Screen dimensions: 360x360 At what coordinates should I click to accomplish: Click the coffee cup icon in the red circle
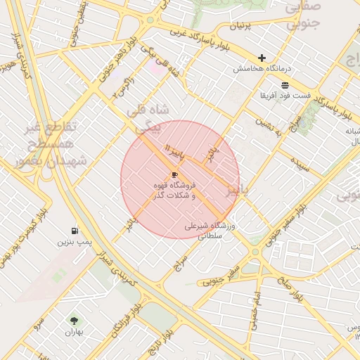point(174,174)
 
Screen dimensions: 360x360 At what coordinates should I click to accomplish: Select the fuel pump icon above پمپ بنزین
point(74,231)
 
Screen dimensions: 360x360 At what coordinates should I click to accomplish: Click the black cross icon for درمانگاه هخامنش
point(262,58)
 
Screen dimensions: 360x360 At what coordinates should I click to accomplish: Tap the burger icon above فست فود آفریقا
point(283,84)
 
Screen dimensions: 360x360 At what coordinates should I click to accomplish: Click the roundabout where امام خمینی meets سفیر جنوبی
point(255,252)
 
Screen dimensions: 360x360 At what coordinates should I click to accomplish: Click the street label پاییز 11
point(172,149)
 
